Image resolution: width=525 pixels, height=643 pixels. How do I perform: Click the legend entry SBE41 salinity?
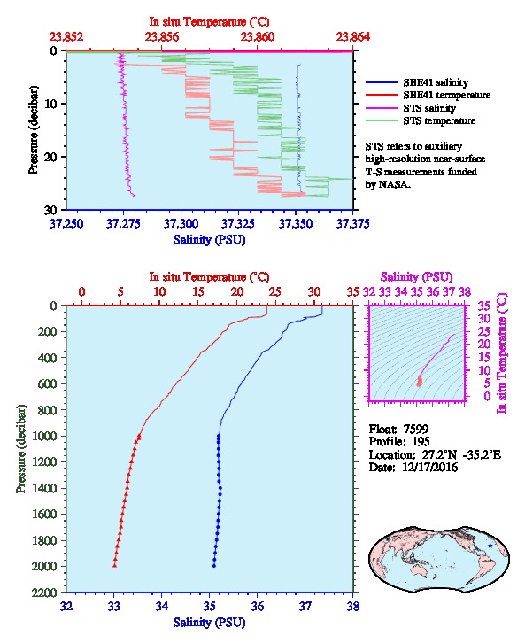point(436,82)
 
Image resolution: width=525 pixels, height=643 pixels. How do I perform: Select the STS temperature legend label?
point(439,120)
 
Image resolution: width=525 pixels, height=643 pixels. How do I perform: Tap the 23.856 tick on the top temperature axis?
point(162,37)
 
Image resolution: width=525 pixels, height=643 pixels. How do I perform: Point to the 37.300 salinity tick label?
point(181,223)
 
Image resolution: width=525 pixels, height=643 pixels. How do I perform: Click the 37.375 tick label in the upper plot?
point(353,223)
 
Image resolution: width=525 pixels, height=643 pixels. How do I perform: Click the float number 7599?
point(416,429)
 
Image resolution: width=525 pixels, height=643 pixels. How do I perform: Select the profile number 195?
point(421,442)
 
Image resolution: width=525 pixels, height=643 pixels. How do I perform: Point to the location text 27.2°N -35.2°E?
point(459,454)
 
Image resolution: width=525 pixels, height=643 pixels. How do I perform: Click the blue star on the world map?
point(490,546)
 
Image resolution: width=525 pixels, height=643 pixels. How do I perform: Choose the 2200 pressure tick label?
point(45,593)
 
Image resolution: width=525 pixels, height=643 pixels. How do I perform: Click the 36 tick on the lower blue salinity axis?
point(258,606)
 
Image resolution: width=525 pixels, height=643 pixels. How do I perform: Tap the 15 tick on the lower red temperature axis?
point(198,292)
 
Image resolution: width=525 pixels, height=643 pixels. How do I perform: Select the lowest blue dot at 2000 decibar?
point(214,566)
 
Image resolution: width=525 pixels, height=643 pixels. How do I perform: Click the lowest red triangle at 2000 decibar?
point(115,565)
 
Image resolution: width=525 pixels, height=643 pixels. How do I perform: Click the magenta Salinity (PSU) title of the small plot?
point(416,277)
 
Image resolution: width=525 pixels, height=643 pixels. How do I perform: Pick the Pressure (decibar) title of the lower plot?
point(21,449)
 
